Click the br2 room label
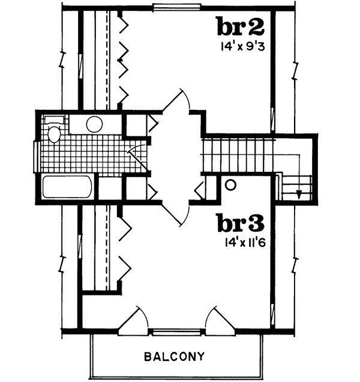click(x=241, y=28)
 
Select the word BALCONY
click(x=175, y=356)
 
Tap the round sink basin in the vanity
click(x=94, y=124)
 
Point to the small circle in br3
click(x=230, y=186)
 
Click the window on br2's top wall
click(x=171, y=7)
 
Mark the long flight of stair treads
click(x=238, y=154)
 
